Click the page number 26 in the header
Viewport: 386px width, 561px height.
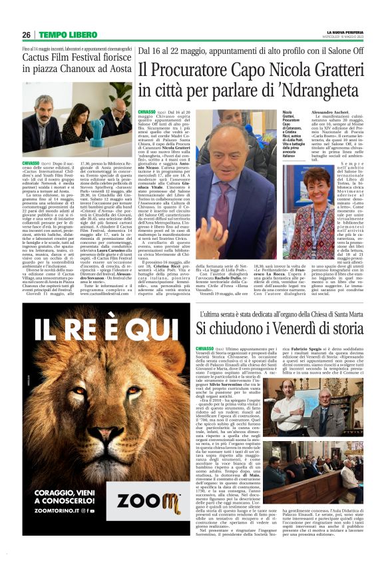[x=26, y=35]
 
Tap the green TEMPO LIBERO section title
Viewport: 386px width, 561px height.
[x=68, y=35]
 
